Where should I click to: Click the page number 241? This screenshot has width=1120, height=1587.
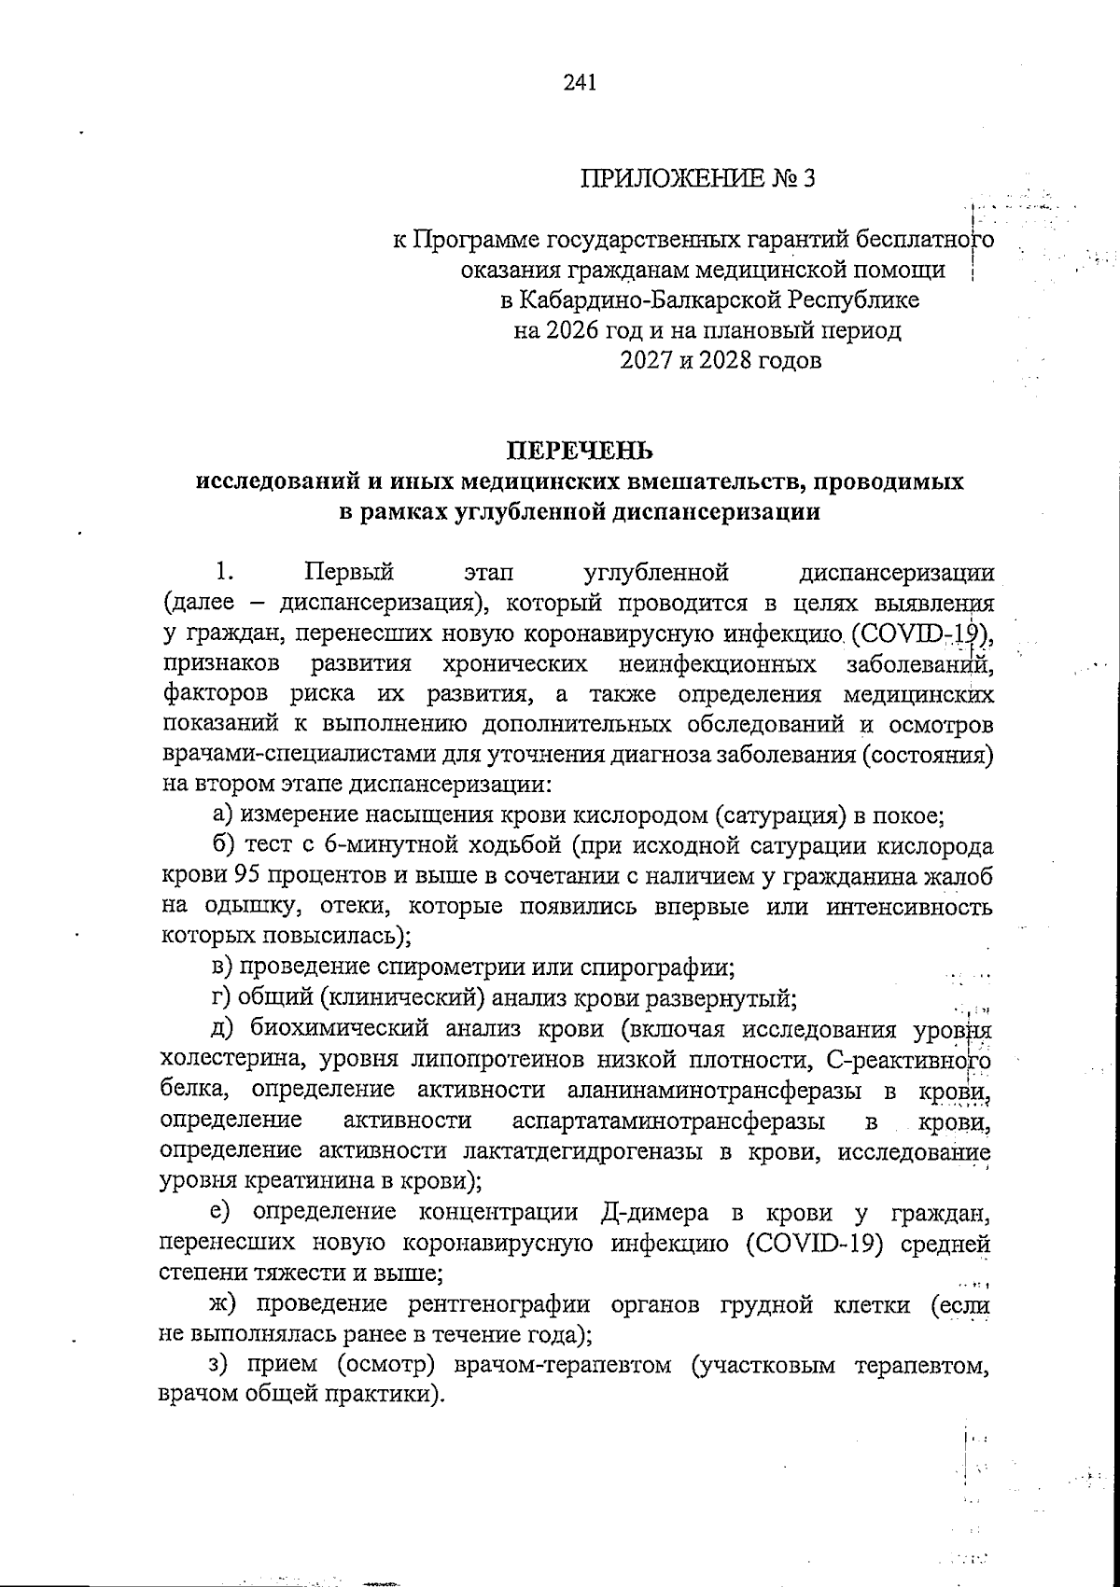click(580, 83)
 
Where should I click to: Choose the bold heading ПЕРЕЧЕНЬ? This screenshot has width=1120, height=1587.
click(579, 452)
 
